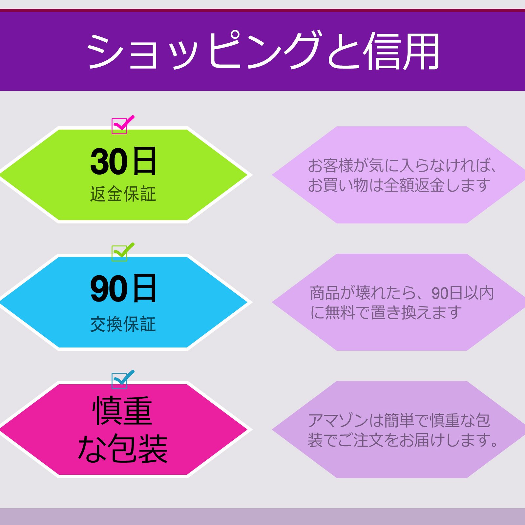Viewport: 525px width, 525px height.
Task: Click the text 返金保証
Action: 123,194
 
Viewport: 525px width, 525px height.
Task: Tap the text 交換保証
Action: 123,324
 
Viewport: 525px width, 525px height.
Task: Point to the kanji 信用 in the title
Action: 402,52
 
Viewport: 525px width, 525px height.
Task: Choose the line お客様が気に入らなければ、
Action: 402,166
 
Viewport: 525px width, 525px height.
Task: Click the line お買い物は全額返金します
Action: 399,185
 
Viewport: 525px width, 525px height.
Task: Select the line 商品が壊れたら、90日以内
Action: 402,293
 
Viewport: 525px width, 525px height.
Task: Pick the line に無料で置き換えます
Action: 386,312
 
